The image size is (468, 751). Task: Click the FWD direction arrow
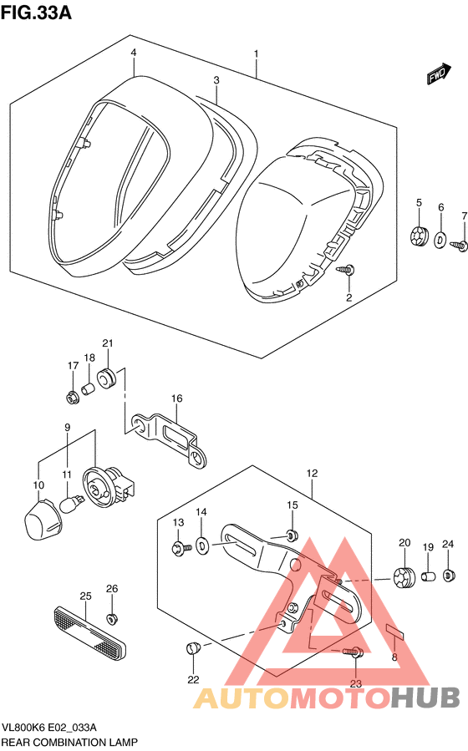439,74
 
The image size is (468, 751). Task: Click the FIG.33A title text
37,12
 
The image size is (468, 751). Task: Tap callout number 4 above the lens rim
134,53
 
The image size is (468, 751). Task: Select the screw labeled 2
346,269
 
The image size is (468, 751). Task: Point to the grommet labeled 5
420,236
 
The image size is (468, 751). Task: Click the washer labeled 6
440,239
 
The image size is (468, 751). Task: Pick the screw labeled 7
460,245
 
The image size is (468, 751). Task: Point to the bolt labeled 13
181,547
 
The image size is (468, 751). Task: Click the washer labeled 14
202,545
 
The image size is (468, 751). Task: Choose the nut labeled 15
292,535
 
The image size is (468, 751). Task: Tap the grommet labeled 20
404,576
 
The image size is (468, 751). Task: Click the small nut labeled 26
113,619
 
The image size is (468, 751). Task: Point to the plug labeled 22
192,648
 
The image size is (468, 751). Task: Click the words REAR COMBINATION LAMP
69,743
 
